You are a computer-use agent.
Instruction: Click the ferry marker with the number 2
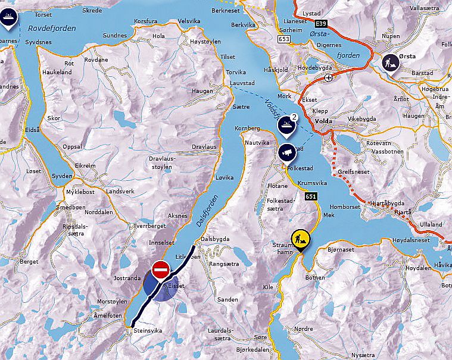coord(288,124)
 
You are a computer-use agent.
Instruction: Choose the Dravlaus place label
coord(204,147)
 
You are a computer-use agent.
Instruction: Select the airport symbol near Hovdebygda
coord(328,77)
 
